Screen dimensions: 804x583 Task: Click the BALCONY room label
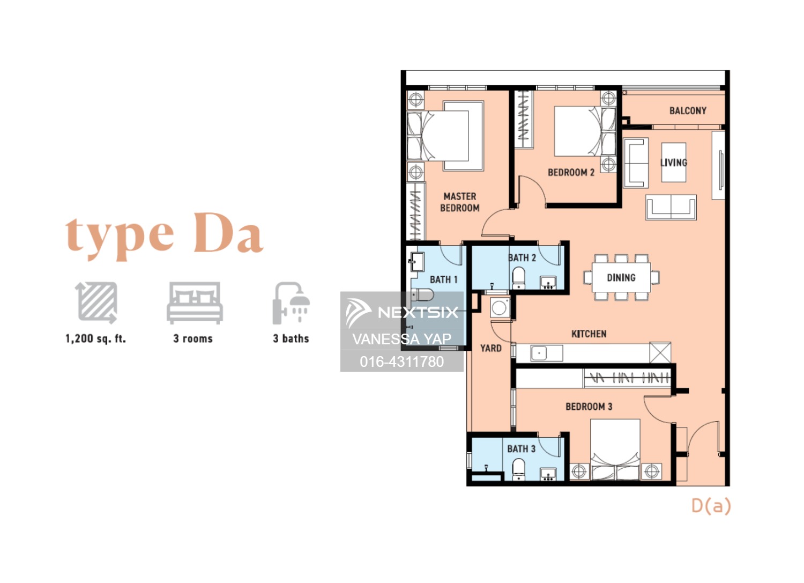688,110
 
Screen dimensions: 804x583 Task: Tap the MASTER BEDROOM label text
460,202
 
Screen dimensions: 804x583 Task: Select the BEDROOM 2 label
571,172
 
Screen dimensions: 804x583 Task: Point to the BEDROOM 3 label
589,407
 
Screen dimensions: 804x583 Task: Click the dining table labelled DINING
621,277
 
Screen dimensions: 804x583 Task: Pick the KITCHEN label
589,334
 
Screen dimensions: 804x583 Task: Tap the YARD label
491,348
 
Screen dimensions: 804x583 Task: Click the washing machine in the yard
499,308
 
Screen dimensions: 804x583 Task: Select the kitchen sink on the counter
539,353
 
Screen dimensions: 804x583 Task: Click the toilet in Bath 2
518,278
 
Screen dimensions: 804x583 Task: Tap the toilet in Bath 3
518,469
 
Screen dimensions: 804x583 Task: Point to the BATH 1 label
444,279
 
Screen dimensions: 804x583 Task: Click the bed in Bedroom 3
615,449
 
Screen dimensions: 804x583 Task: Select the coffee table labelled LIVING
674,163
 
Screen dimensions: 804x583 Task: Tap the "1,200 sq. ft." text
95,339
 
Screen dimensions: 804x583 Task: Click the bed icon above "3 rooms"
194,303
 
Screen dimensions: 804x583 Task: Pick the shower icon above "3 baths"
291,303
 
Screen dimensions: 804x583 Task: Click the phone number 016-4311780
401,361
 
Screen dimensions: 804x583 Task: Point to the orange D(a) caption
711,506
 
